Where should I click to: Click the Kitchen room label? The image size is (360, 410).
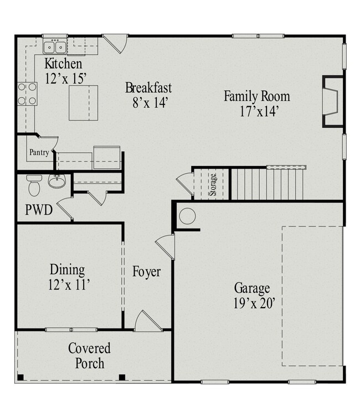point(63,64)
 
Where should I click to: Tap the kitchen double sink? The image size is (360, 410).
point(54,48)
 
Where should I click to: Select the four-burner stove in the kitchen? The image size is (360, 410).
point(27,94)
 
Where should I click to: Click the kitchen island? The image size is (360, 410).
point(83,103)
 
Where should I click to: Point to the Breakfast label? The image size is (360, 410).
point(148,88)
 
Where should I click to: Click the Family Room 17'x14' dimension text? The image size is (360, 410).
point(259,111)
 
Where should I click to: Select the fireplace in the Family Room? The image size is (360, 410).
point(333,102)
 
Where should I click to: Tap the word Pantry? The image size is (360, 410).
point(39,152)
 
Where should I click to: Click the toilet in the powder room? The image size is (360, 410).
point(34,185)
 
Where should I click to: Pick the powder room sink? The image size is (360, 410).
point(56,180)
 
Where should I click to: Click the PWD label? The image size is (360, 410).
point(39,210)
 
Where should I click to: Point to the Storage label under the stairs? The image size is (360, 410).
point(213,185)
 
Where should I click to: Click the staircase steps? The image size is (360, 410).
point(267,184)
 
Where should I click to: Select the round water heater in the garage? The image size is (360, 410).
point(187,216)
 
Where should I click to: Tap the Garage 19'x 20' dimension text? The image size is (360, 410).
point(254,304)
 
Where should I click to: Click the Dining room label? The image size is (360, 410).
point(67,269)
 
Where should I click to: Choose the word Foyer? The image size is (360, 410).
point(146,272)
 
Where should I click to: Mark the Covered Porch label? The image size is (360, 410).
point(89,356)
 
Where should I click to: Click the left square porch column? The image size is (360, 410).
point(20,377)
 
